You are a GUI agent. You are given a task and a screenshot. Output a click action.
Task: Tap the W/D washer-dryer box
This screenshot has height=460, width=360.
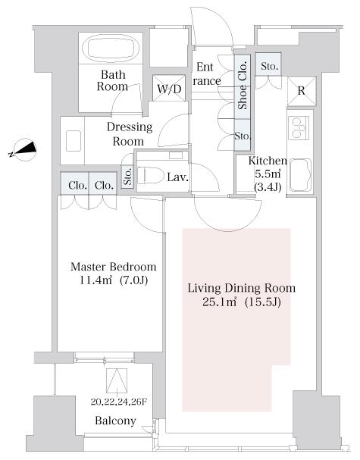click(169, 89)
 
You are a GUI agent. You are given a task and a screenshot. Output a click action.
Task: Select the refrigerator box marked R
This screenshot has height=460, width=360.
click(302, 91)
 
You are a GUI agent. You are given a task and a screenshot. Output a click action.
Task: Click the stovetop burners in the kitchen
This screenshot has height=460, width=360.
click(299, 128)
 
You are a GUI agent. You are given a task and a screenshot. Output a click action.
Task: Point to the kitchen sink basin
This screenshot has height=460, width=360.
click(301, 175)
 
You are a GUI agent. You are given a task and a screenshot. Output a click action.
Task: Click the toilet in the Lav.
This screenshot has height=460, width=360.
click(151, 175)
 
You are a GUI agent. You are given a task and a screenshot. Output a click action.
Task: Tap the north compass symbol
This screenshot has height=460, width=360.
click(24, 150)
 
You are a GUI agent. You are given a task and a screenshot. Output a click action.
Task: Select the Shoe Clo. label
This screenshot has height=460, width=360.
click(243, 86)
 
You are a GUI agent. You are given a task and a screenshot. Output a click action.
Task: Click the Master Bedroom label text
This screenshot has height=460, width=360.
click(114, 267)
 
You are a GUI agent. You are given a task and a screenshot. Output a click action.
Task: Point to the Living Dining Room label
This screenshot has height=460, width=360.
click(242, 288)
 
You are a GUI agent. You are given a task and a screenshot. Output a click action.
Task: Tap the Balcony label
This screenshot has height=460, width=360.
click(115, 421)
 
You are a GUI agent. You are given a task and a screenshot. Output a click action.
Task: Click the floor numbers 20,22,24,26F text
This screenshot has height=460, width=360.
click(118, 402)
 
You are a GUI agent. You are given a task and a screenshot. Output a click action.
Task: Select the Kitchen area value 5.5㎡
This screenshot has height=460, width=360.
click(268, 174)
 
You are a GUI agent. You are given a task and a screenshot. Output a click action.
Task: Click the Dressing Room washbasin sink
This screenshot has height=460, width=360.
click(73, 141)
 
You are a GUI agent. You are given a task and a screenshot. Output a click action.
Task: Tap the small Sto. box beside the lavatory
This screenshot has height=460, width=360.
click(127, 177)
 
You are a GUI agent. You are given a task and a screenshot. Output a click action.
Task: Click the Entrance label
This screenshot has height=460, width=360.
click(207, 74)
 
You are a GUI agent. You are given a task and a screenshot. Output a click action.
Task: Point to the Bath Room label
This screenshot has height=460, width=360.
click(113, 80)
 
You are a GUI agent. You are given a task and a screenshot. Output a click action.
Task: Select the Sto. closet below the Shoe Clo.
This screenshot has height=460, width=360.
click(243, 135)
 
